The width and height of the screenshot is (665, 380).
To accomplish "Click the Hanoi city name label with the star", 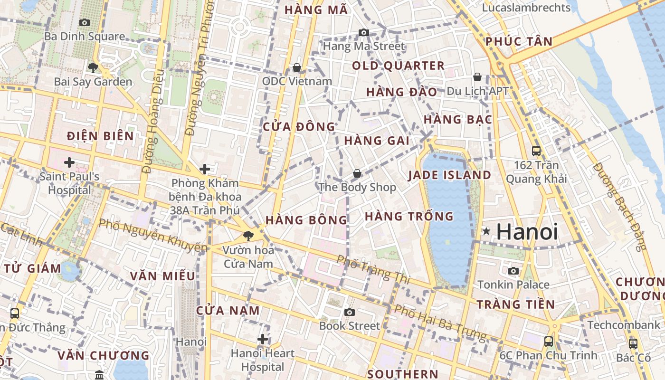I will (x=527, y=232).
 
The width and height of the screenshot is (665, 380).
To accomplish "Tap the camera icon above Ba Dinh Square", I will (x=85, y=22).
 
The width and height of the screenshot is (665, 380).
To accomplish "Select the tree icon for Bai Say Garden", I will (x=93, y=67).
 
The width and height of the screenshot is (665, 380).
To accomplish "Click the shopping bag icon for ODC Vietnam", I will (x=297, y=67).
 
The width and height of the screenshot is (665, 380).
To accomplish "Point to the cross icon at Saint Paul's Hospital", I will (x=69, y=162).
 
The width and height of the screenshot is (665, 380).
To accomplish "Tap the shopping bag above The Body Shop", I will (x=357, y=173).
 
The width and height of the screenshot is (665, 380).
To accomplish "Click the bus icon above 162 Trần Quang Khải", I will (x=536, y=151).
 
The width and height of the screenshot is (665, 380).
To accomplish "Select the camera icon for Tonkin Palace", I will (x=513, y=271).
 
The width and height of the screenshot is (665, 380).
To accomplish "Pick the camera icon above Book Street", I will (x=350, y=312).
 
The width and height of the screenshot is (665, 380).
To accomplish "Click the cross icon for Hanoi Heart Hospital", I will (x=262, y=339).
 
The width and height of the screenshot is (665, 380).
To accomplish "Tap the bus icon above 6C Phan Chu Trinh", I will (x=549, y=341).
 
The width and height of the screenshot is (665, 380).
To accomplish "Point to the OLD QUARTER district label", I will (x=398, y=66).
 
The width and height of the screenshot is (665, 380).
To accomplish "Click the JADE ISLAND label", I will (x=449, y=175).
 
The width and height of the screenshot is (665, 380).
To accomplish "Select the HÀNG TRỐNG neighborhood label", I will (x=409, y=217).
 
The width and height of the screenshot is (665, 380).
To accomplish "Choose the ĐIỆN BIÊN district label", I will (x=100, y=136).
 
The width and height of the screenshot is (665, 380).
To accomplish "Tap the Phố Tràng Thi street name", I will (x=373, y=269).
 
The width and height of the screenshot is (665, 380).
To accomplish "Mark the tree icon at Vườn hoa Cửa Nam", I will (x=248, y=236).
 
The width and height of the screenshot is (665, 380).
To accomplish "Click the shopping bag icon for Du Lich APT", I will (x=477, y=76).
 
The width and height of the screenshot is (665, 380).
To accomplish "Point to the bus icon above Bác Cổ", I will (x=633, y=343).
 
